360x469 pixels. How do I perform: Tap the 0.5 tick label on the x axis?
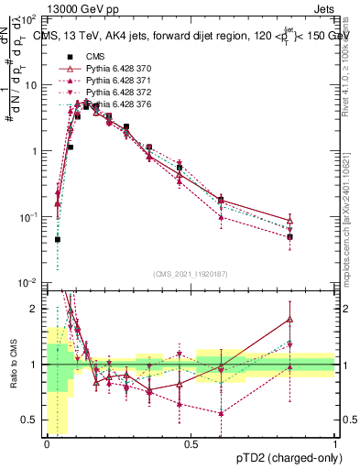pyautogui.click(x=191, y=443)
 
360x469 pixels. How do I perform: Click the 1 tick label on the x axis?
pyautogui.click(x=335, y=443)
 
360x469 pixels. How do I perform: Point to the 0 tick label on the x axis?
pyautogui.click(x=47, y=443)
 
